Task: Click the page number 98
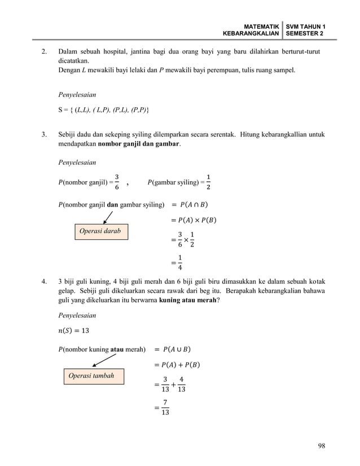(321, 446)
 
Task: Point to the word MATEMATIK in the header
(261, 27)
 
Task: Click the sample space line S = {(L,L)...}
(104, 108)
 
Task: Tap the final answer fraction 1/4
(180, 263)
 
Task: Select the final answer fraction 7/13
(164, 408)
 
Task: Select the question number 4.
(43, 281)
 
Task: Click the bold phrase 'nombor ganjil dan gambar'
(139, 144)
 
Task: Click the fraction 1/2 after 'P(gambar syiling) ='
(209, 182)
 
